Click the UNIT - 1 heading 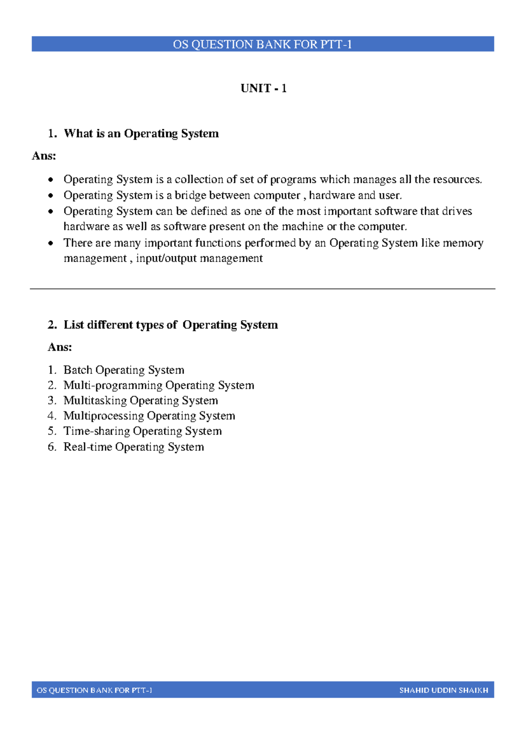tap(263, 88)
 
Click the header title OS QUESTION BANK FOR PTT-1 tap(262, 44)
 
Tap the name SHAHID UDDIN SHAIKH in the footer tap(443, 690)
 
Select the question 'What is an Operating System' tap(141, 134)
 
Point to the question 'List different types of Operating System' tap(171, 325)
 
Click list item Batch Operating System tap(124, 370)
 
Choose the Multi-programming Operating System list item tap(159, 386)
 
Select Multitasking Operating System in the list tap(140, 401)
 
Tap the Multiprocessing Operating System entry tap(149, 416)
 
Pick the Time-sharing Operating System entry tap(142, 431)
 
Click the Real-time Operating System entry tap(134, 447)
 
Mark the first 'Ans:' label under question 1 tap(44, 156)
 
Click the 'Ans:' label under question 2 tap(60, 347)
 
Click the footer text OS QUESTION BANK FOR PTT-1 tap(94, 690)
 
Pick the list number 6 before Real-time tap(52, 447)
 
